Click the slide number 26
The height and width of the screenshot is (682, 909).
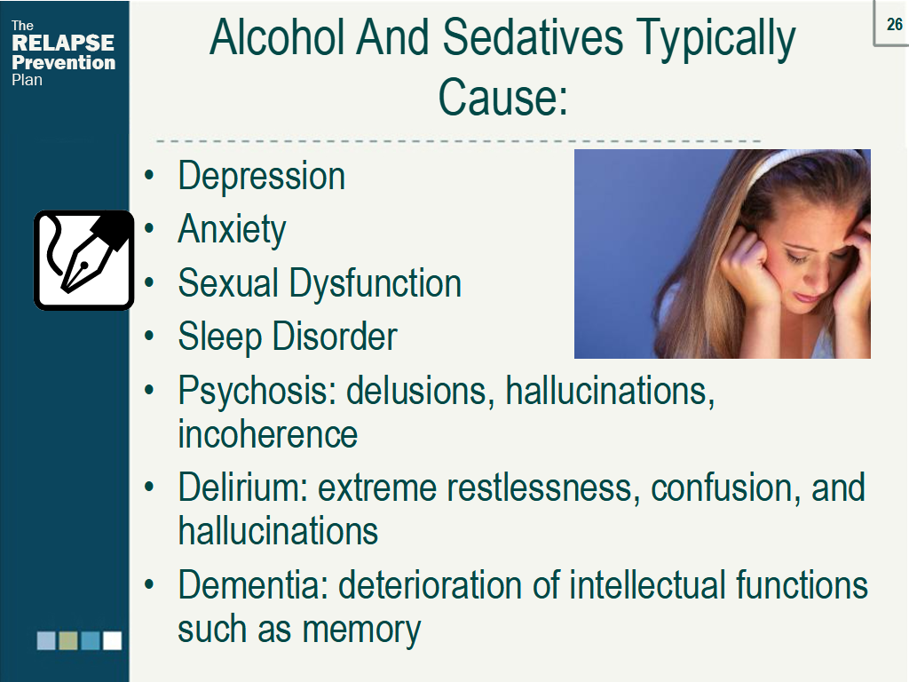(x=895, y=24)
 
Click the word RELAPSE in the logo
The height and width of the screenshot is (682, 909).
(x=63, y=44)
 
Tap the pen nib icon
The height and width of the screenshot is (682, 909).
(x=83, y=259)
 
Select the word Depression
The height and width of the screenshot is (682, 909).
(x=261, y=176)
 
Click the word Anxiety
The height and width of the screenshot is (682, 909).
(x=232, y=230)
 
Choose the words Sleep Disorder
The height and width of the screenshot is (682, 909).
(x=287, y=337)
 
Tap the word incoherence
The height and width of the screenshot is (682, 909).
(x=267, y=435)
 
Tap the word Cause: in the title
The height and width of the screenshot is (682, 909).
(x=502, y=98)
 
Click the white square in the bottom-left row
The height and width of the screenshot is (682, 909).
(x=112, y=640)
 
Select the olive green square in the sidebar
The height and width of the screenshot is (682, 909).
(x=68, y=640)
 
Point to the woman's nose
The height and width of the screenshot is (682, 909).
(x=812, y=275)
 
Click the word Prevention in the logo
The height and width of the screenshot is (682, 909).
(x=63, y=63)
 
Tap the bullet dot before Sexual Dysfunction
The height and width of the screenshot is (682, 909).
(x=152, y=284)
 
